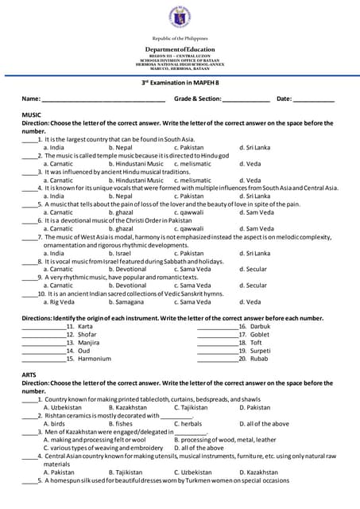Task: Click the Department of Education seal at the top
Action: coord(180,17)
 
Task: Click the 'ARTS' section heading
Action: coord(30,374)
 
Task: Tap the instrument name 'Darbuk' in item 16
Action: coord(261,326)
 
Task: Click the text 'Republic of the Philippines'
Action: coord(180,37)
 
